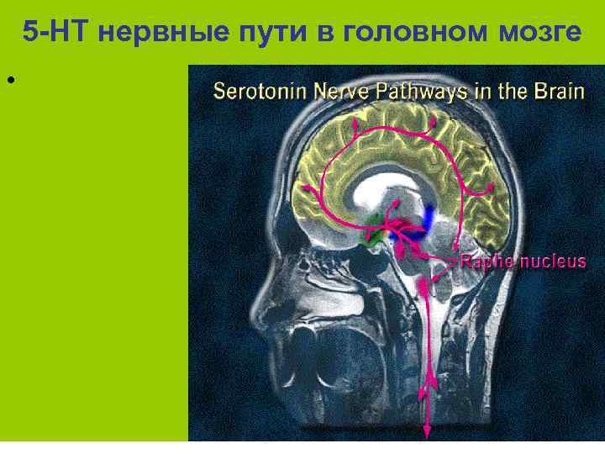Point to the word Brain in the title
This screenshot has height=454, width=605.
coord(559,91)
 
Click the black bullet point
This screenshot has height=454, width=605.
coord(10,81)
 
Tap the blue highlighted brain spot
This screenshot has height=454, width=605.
coord(429,216)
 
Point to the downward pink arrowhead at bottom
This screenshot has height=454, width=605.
coord(427,432)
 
